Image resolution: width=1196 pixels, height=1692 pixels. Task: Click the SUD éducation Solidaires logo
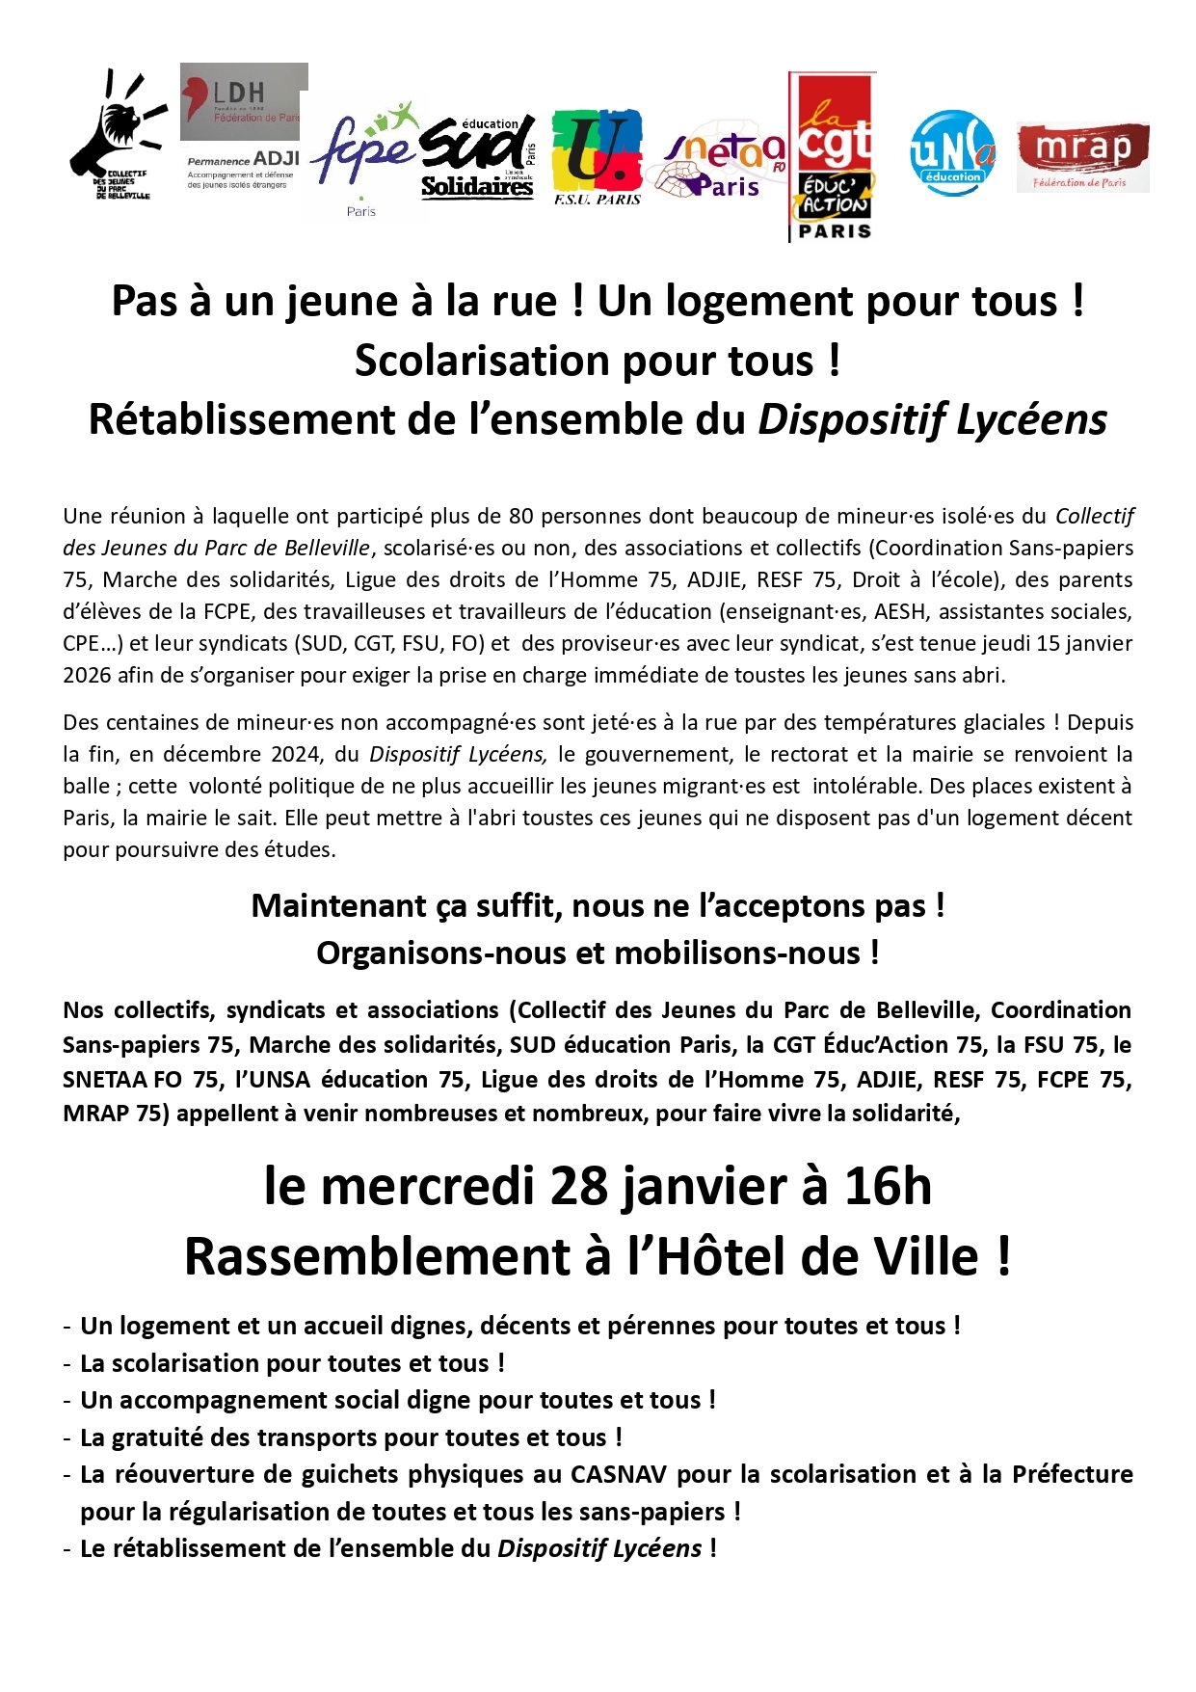coord(478,158)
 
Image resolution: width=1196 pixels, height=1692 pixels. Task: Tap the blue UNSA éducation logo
coord(951,152)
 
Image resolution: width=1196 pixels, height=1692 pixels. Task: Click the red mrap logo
coord(1082,156)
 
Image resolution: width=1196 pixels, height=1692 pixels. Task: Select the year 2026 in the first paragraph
coord(88,676)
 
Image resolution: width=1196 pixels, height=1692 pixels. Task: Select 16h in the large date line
coord(888,1187)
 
